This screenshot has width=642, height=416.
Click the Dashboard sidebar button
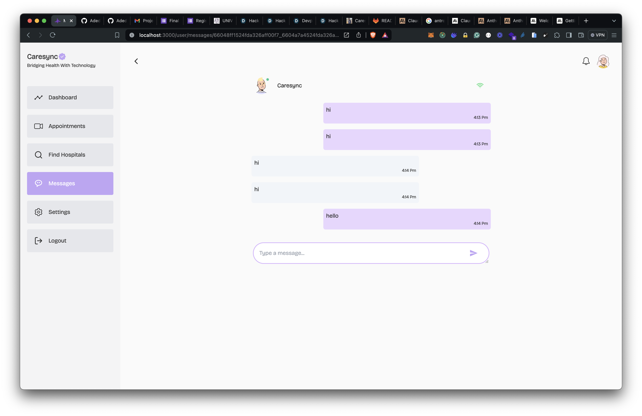pos(70,98)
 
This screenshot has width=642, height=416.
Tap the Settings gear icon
pos(39,212)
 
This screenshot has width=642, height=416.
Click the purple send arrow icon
pos(473,253)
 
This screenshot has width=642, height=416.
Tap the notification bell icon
pos(586,61)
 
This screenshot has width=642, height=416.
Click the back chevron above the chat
pos(136,61)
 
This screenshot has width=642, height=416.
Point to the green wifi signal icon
pos(480,85)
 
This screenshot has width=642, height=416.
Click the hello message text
pos(332,216)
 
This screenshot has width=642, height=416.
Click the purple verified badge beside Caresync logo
pos(62,57)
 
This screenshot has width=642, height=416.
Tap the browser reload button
pos(53,35)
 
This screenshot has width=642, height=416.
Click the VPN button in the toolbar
pos(598,35)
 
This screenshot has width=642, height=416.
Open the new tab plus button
pos(586,21)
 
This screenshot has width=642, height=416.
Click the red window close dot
pos(30,21)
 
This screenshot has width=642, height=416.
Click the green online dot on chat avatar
pos(268,79)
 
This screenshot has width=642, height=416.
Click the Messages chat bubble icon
pos(39,183)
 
